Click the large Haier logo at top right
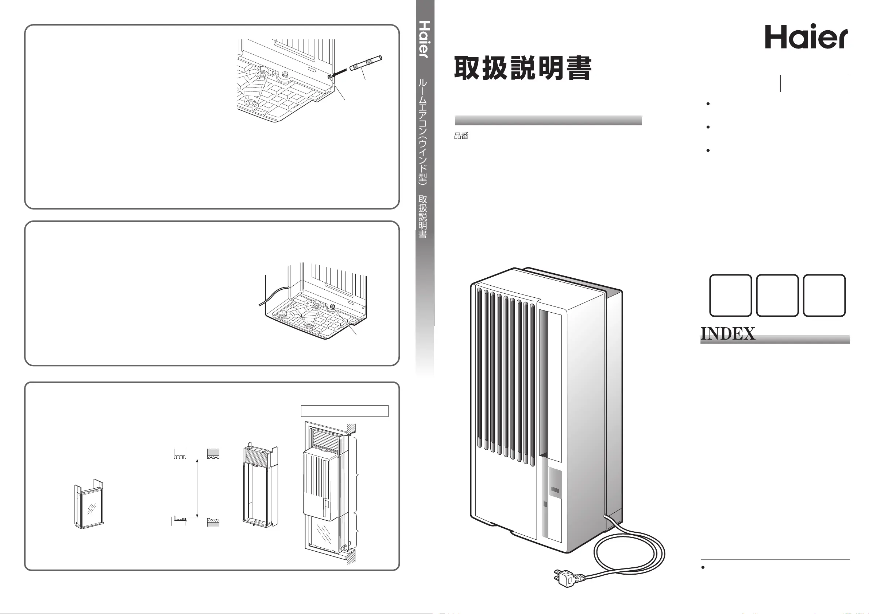(x=807, y=37)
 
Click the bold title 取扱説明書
(x=523, y=68)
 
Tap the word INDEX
(x=728, y=333)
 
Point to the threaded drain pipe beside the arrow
(x=366, y=63)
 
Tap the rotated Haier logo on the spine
(x=425, y=39)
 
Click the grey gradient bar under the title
(x=548, y=120)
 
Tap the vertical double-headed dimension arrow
(x=197, y=488)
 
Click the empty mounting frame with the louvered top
(x=260, y=484)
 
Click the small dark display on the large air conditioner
(x=555, y=491)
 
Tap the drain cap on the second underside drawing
(x=333, y=306)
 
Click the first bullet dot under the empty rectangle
(x=708, y=103)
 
